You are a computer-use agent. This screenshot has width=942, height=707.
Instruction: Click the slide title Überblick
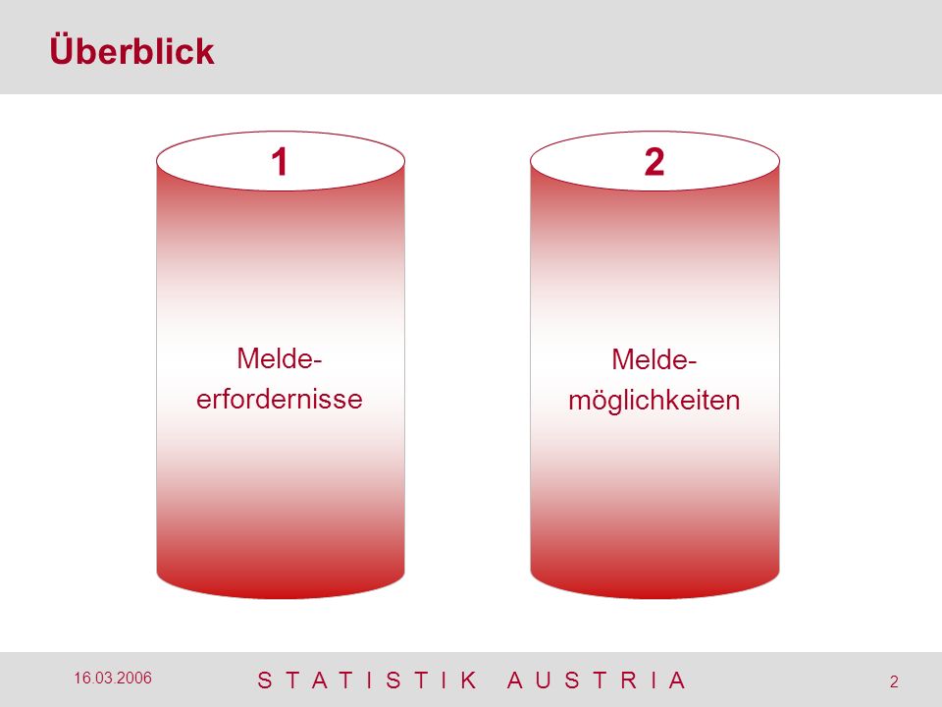tap(131, 50)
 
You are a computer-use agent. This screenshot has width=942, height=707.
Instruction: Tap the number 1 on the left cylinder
tap(280, 162)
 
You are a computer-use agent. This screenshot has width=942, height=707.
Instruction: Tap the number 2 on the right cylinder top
tap(654, 162)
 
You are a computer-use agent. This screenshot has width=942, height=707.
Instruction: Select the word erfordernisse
tap(280, 400)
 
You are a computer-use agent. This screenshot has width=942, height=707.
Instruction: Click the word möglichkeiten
tap(654, 401)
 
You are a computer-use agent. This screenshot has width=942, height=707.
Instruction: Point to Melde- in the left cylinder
tap(280, 359)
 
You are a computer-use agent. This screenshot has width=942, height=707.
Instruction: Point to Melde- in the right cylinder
tap(654, 360)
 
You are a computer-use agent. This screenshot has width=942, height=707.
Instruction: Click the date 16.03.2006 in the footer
tap(113, 679)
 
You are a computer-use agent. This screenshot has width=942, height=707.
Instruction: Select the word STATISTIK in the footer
tap(367, 680)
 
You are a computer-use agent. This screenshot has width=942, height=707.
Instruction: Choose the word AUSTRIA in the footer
tap(597, 680)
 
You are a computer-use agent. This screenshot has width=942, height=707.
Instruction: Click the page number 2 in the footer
tap(894, 681)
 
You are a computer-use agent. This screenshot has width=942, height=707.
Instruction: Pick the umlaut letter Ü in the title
tap(61, 50)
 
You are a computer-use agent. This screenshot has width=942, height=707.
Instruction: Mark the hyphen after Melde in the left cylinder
tap(318, 361)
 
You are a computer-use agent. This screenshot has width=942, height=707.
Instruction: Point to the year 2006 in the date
tap(134, 679)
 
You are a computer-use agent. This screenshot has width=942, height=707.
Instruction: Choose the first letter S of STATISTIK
tap(264, 680)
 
